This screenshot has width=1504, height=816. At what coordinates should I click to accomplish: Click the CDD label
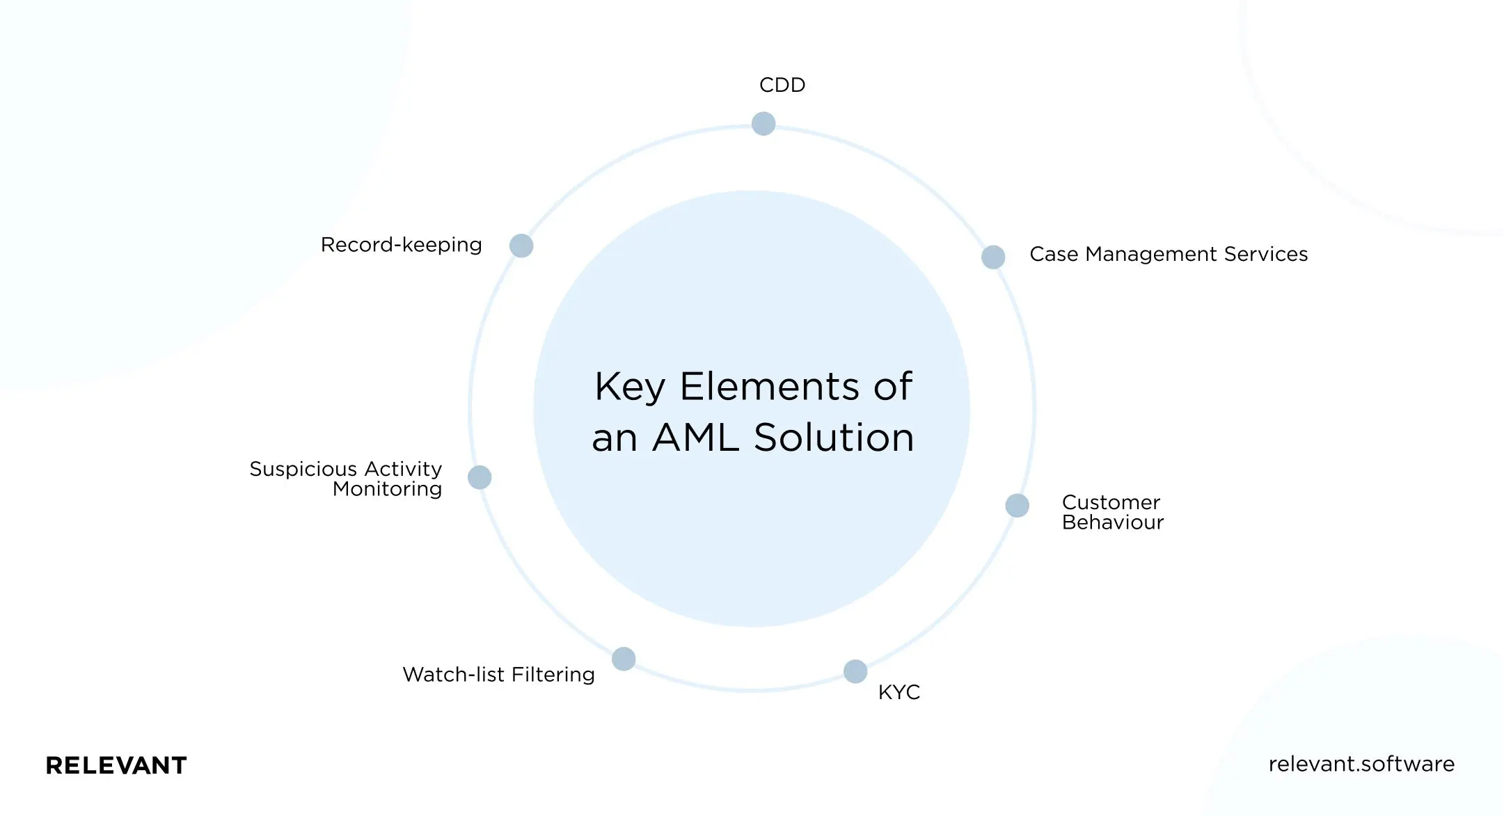(782, 85)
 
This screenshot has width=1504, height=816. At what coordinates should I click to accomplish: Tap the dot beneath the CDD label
(763, 124)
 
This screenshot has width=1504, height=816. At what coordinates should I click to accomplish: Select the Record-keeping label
(401, 245)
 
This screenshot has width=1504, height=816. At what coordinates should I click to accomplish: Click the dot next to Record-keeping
(521, 246)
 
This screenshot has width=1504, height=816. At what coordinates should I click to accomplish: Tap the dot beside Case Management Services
(993, 257)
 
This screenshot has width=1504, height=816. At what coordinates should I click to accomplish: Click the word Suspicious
(303, 470)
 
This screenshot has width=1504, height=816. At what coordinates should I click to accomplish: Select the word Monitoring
(387, 489)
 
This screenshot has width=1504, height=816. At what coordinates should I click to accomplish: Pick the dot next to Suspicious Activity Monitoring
(480, 477)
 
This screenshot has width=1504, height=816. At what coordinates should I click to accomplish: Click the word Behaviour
(1112, 522)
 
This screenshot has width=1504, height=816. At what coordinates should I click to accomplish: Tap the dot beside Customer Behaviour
(1017, 506)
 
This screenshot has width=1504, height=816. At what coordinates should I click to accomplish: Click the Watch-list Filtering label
(498, 675)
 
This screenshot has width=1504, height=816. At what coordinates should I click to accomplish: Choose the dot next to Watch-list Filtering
(624, 659)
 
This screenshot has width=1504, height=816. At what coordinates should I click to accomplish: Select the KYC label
(899, 692)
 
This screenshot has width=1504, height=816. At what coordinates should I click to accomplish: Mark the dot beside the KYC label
(855, 671)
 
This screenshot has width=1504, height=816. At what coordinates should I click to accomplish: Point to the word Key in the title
(629, 387)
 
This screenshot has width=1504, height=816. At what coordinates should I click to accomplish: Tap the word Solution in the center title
(834, 438)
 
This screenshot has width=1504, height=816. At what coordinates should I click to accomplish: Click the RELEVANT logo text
(116, 765)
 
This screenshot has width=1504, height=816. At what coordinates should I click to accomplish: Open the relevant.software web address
(1361, 764)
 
